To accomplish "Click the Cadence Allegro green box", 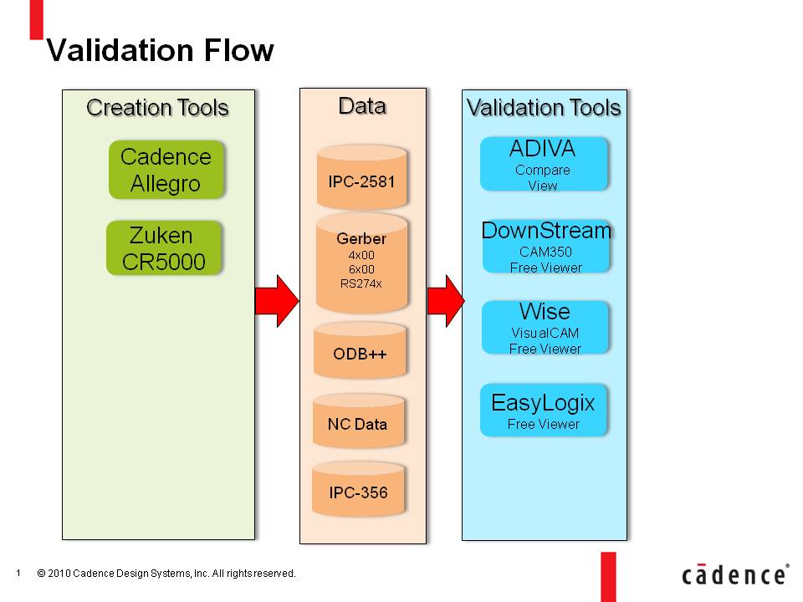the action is [x=166, y=170].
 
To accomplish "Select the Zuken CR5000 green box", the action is [x=164, y=247].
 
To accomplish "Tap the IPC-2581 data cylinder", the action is [x=361, y=176].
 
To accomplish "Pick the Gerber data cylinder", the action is [x=361, y=262].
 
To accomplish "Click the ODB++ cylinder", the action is [x=360, y=350].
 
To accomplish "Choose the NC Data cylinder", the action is [x=358, y=421].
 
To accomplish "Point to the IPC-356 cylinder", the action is [x=358, y=488].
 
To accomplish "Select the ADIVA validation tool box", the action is [x=544, y=164].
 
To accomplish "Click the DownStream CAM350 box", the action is [x=546, y=247].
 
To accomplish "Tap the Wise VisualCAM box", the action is [x=545, y=328].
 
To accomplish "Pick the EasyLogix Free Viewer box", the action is [x=544, y=410].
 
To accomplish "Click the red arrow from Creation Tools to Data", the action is [x=277, y=301].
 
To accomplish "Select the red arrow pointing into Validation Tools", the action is [x=446, y=301].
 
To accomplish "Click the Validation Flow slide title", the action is [x=161, y=50].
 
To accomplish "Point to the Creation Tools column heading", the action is [x=157, y=108].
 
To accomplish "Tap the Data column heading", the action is [x=362, y=106].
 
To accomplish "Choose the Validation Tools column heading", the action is [x=544, y=108].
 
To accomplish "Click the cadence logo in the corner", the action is [x=735, y=574].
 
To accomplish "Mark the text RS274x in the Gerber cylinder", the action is [x=361, y=283].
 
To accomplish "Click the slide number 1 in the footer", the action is [x=18, y=573].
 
